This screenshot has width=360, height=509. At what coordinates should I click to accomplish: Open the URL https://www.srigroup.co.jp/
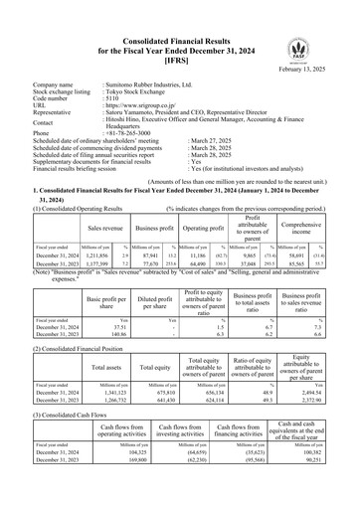(149, 107)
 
